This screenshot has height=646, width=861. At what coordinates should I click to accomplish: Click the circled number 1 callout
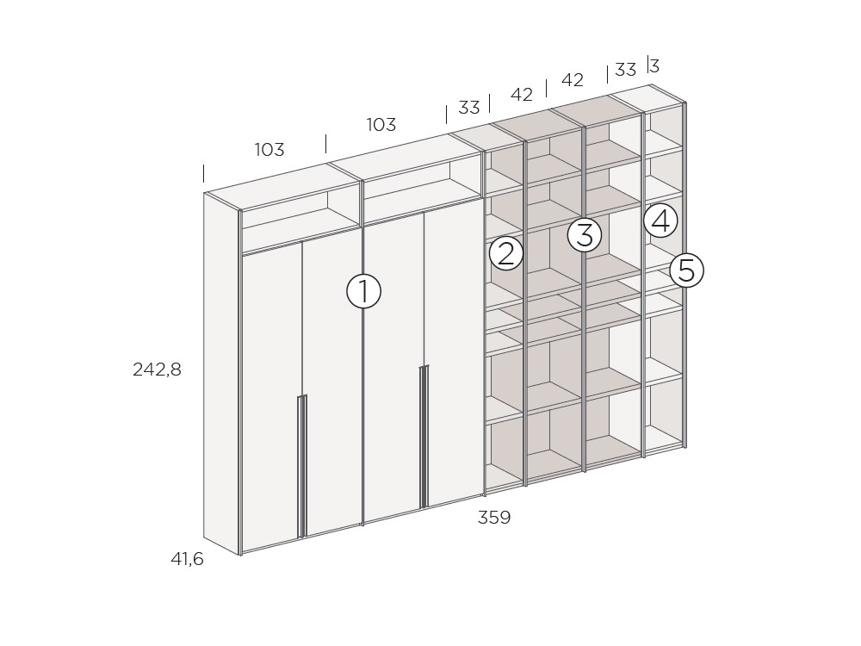pyautogui.click(x=363, y=290)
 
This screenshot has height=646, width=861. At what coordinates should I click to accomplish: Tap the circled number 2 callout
pyautogui.click(x=505, y=253)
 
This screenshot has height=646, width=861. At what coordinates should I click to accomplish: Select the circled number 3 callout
pyautogui.click(x=585, y=234)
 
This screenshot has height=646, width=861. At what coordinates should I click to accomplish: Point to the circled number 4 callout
pyautogui.click(x=660, y=221)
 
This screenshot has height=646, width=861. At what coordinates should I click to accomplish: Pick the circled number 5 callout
pyautogui.click(x=686, y=270)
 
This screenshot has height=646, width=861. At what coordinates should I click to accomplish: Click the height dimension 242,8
pyautogui.click(x=157, y=370)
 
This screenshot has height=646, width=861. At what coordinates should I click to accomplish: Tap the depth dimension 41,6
pyautogui.click(x=187, y=559)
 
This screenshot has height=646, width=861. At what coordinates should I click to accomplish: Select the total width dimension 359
pyautogui.click(x=494, y=518)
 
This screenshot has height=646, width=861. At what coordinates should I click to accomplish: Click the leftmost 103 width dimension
pyautogui.click(x=269, y=149)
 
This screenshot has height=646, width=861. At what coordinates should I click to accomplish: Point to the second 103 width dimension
pyautogui.click(x=381, y=125)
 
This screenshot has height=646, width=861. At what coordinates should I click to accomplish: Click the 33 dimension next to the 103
pyautogui.click(x=469, y=108)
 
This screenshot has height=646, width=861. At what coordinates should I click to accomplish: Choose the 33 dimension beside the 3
pyautogui.click(x=625, y=70)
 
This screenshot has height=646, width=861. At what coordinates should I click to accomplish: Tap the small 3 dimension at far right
pyautogui.click(x=654, y=66)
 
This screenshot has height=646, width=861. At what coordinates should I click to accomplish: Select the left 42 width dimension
pyautogui.click(x=522, y=95)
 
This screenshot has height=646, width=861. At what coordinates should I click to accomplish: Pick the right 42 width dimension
pyautogui.click(x=573, y=80)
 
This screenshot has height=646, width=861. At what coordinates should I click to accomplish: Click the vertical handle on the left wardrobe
pyautogui.click(x=301, y=466)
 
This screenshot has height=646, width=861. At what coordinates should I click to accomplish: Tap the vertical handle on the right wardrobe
pyautogui.click(x=424, y=437)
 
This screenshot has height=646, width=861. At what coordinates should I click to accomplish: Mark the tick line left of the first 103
pyautogui.click(x=204, y=173)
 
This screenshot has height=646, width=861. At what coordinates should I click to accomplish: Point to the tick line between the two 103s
pyautogui.click(x=326, y=143)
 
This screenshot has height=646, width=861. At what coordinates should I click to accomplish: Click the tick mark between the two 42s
pyautogui.click(x=547, y=88)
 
